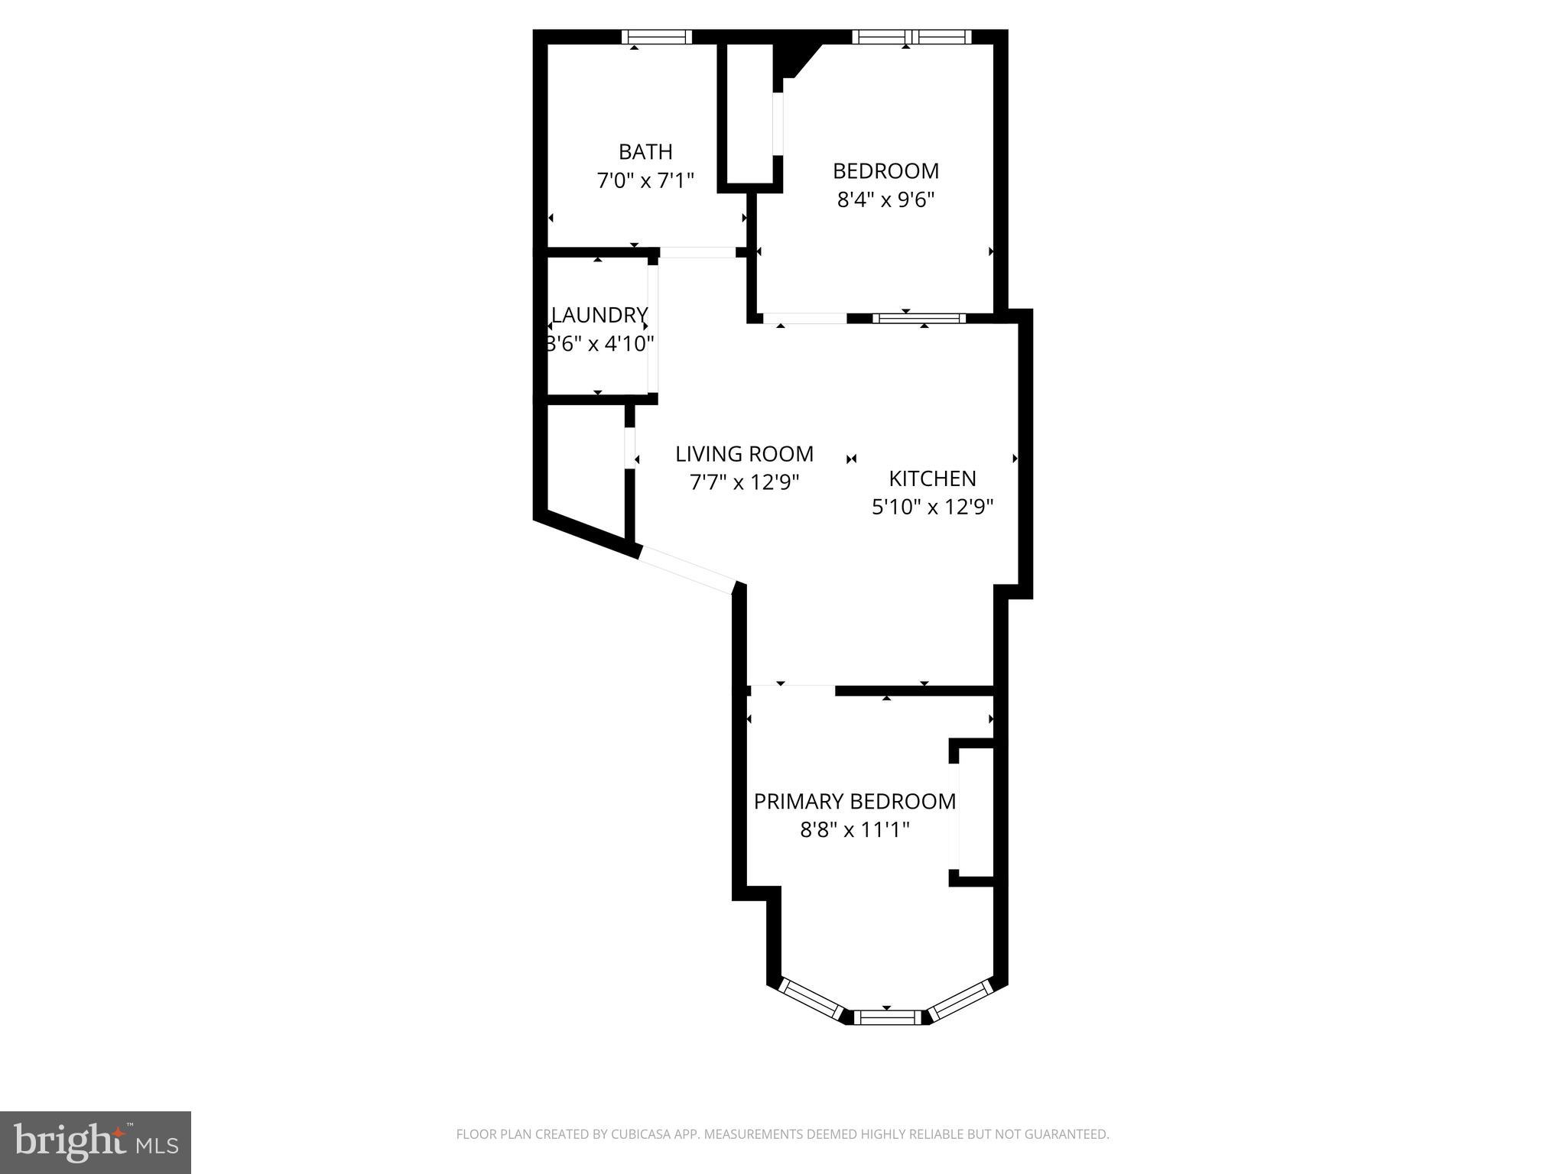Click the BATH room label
(645, 151)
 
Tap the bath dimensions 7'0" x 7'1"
(645, 180)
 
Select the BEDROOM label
(885, 170)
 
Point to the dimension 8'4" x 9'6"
(886, 199)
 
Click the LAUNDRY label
(600, 315)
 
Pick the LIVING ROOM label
(744, 454)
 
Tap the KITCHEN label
(932, 478)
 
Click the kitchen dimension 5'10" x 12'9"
(932, 507)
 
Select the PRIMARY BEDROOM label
(855, 801)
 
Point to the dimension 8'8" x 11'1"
(855, 829)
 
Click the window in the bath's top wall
(657, 37)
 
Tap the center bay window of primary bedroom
(887, 1017)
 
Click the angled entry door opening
(686, 569)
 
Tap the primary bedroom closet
(975, 812)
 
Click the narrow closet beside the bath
(749, 113)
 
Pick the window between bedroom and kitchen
(919, 318)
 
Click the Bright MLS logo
(96, 1142)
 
